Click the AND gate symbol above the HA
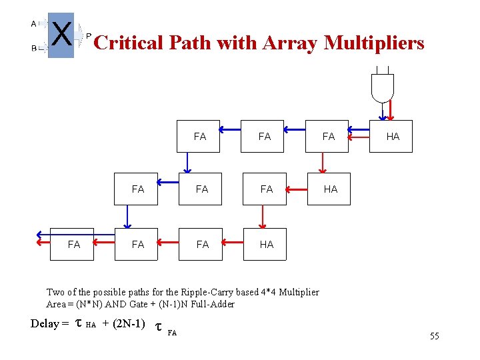(x=383, y=87)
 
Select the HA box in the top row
(x=391, y=136)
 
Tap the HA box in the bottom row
(x=266, y=244)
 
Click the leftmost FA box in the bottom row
(x=73, y=244)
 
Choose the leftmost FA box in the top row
(x=199, y=136)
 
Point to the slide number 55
(x=434, y=336)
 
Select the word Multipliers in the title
(x=374, y=43)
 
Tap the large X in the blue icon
(x=61, y=34)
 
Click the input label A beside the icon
(x=33, y=23)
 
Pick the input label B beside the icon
(x=33, y=49)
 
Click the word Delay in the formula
(x=46, y=323)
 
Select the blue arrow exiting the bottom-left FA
(x=44, y=234)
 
